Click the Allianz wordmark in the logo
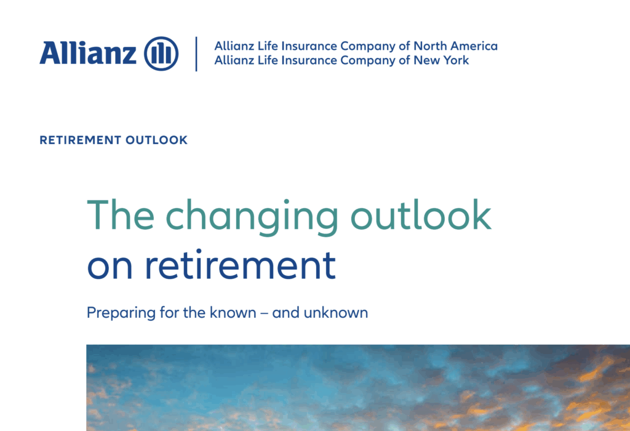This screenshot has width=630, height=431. click(88, 53)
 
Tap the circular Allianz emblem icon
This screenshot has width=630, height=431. click(161, 54)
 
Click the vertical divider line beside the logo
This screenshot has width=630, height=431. click(196, 54)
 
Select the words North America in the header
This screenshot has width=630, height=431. click(456, 46)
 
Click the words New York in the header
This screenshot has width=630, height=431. click(441, 60)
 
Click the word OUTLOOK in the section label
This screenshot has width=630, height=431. click(156, 140)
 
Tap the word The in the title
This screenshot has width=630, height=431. click(121, 215)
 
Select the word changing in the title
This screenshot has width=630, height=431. click(252, 217)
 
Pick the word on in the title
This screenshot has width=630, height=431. click(110, 267)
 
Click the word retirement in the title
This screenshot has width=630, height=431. click(240, 264)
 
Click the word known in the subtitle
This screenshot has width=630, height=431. click(233, 312)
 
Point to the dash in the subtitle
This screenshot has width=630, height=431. click(264, 313)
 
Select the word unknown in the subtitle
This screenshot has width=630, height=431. click(336, 312)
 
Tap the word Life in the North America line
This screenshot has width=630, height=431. click(268, 46)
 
